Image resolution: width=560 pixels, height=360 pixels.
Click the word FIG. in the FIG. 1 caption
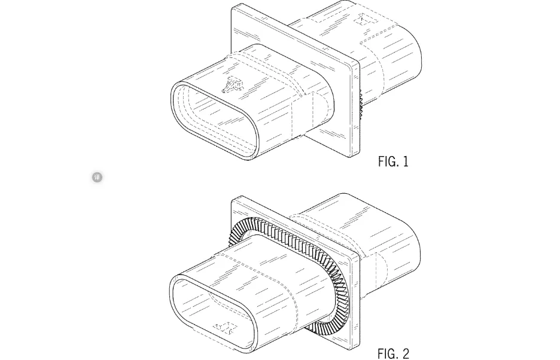[388, 162]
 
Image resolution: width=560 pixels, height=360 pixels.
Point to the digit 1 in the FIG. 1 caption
[406, 162]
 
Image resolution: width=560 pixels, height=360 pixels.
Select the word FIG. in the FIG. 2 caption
[388, 354]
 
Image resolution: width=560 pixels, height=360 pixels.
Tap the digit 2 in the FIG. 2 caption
[406, 354]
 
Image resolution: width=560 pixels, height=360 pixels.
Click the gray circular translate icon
[97, 177]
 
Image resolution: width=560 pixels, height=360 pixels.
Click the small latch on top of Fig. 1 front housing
[231, 84]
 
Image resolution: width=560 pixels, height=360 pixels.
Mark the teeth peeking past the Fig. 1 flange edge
[361, 105]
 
